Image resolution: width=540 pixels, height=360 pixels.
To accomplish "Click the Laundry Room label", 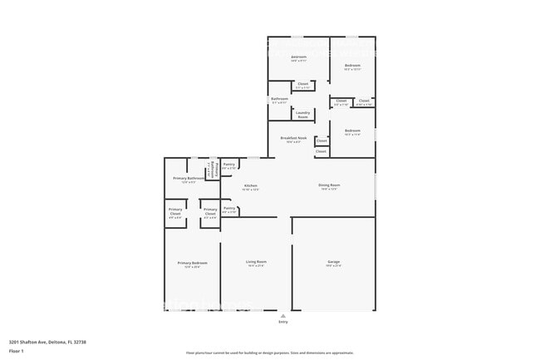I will (303, 115).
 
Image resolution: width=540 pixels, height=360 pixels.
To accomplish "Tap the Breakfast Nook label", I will (293, 139).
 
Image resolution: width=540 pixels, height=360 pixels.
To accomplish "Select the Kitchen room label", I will (250, 187).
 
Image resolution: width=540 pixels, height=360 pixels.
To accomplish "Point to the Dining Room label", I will (329, 186).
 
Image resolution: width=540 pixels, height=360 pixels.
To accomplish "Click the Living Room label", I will (256, 264).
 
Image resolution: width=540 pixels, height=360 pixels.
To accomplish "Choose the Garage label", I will (333, 264).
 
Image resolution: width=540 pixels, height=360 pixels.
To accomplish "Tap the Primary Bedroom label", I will (192, 264).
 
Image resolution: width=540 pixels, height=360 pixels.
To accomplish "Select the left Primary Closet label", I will (175, 211).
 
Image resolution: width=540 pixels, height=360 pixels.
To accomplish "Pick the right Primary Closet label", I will (210, 211).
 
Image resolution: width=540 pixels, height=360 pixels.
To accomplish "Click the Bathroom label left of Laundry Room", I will (279, 100).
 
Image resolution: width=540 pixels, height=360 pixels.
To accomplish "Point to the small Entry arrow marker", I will (282, 316).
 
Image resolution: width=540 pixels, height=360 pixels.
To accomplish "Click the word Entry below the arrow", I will (282, 323).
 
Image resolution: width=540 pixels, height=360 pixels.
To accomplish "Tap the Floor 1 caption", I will (16, 351).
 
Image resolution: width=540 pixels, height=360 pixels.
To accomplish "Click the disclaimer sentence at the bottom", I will (269, 353).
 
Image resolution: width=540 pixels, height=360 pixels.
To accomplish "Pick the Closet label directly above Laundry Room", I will (302, 85).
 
